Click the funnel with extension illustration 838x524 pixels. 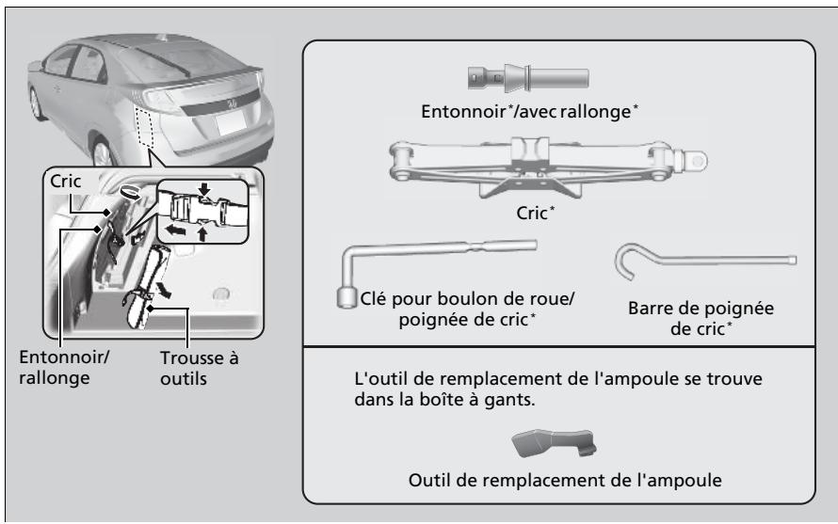pos(528,77)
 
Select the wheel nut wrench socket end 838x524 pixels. pos(346,297)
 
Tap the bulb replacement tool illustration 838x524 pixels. pos(554,443)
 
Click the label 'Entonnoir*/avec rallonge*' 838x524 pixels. pos(529,112)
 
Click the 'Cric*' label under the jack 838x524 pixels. pos(536,213)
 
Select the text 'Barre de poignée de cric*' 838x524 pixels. pos(701,318)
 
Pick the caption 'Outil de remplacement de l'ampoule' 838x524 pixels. pos(565,480)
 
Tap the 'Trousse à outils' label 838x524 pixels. pos(199,368)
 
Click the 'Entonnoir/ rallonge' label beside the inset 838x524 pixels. pos(64,367)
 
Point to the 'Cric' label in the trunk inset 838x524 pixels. pos(65,181)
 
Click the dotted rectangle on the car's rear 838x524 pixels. pos(144,127)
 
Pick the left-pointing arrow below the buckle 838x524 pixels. pos(175,230)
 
